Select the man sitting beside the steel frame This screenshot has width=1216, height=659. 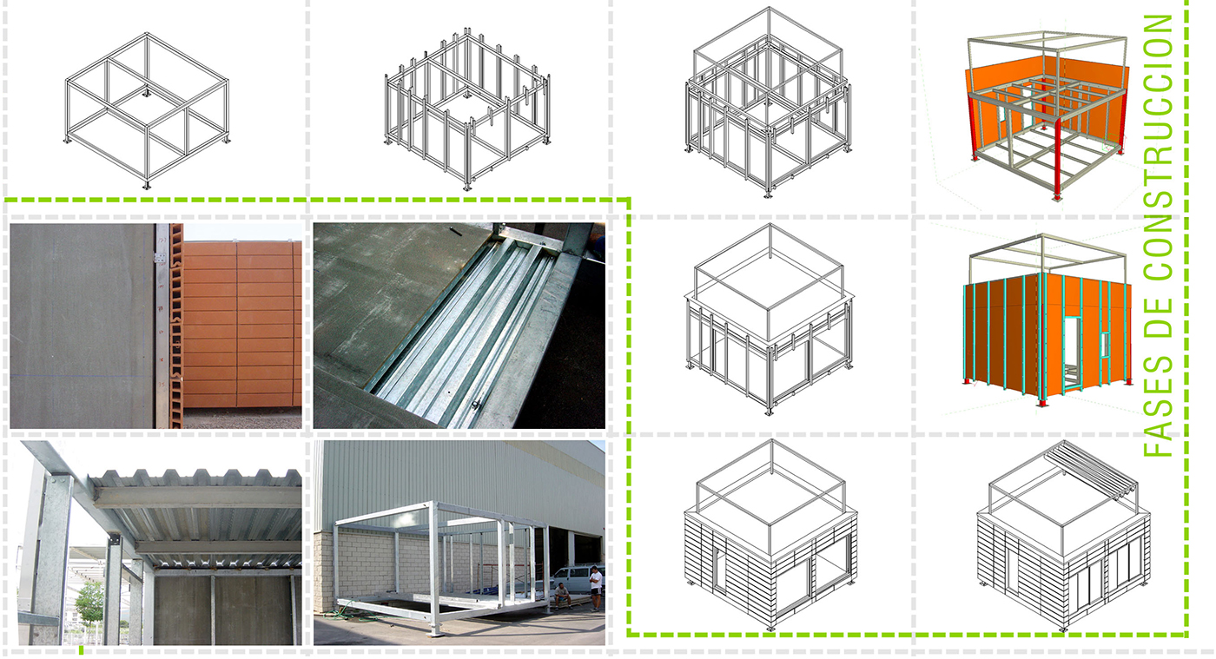(x=562, y=596)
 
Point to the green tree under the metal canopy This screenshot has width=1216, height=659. (x=89, y=602)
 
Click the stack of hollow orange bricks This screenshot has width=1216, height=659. (x=175, y=326)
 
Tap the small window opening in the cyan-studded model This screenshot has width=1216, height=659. (x=1105, y=346)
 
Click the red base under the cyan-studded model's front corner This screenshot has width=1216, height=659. (x=1042, y=402)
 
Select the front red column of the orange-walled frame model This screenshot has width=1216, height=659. (x=1058, y=157)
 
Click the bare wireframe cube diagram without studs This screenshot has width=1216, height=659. (x=147, y=112)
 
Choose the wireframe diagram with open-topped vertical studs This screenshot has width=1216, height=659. (x=467, y=109)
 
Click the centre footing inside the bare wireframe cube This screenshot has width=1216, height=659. (x=146, y=92)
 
